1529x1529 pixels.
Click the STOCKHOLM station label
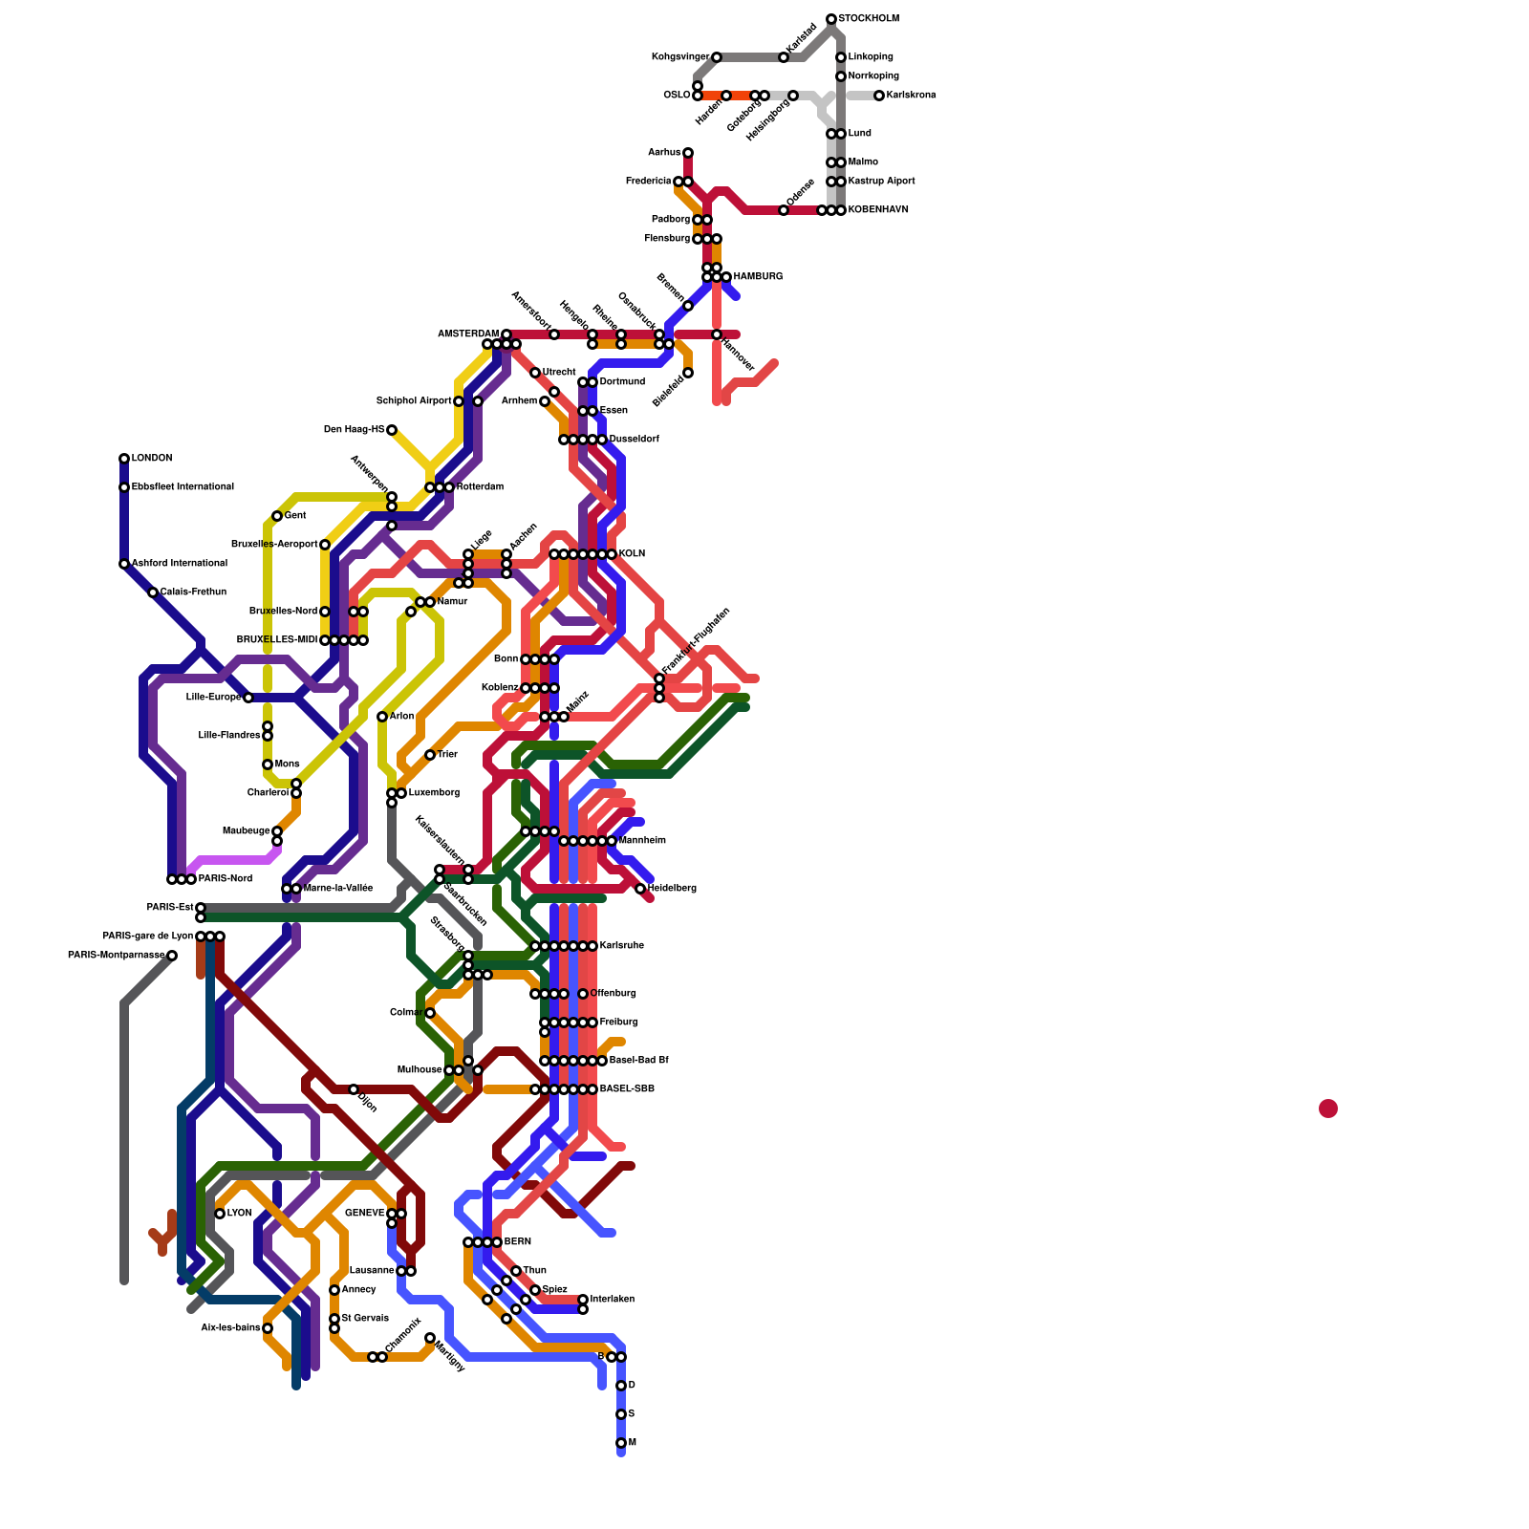click(869, 19)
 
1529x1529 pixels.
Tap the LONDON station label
click(152, 459)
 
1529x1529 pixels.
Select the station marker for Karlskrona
click(879, 96)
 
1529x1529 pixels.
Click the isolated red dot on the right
click(1328, 1109)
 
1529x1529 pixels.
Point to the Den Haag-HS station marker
click(392, 430)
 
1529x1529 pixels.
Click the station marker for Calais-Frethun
click(153, 592)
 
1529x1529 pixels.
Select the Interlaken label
click(613, 1300)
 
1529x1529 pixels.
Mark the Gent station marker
click(277, 516)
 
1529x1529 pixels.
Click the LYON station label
click(240, 1214)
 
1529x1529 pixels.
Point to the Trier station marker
click(430, 755)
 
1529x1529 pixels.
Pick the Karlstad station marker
click(784, 57)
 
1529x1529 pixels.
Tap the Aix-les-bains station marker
click(268, 1328)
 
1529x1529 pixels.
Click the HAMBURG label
click(758, 277)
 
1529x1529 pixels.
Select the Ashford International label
click(180, 564)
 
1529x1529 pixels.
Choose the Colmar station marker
click(430, 1013)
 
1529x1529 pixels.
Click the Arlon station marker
click(382, 717)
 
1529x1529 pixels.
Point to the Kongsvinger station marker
click(717, 57)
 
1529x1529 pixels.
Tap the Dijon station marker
click(354, 1089)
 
